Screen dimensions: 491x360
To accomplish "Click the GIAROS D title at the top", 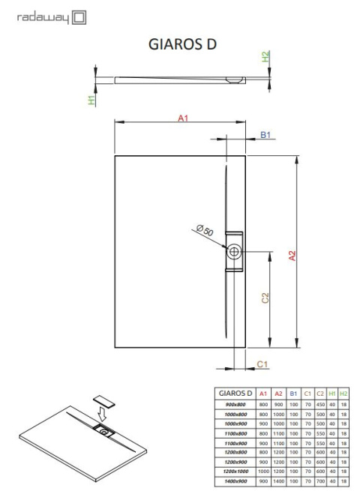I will click(183, 44).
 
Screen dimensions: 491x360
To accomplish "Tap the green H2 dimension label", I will click(265, 58).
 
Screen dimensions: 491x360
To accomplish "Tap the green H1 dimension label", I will click(91, 100).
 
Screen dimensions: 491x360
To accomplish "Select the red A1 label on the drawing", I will click(181, 117).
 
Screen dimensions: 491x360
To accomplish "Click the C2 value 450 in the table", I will click(320, 404).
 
